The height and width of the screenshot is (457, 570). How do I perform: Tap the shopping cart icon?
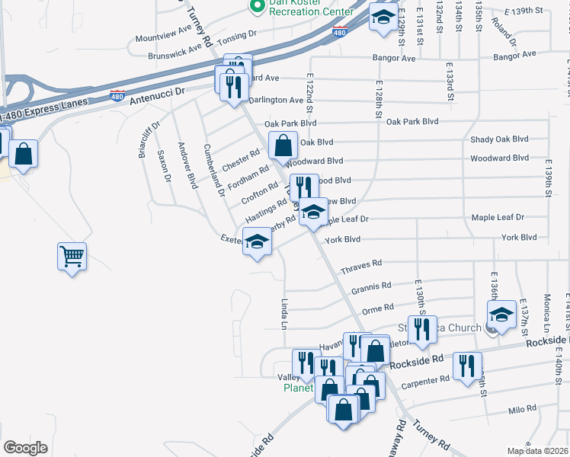pyautogui.click(x=72, y=257)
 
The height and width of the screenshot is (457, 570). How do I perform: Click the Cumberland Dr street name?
pyautogui.click(x=212, y=169)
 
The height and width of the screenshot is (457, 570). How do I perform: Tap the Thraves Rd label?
pyautogui.click(x=361, y=267)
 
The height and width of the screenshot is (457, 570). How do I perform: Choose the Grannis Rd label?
pyautogui.click(x=371, y=287)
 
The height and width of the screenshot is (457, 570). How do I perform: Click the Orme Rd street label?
pyautogui.click(x=377, y=308)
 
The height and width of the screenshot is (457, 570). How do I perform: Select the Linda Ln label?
pyautogui.click(x=286, y=312)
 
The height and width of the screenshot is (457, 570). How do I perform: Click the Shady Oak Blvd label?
pyautogui.click(x=499, y=139)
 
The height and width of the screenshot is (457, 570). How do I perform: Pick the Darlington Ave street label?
pyautogui.click(x=276, y=100)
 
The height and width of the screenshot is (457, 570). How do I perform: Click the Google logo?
pyautogui.click(x=26, y=448)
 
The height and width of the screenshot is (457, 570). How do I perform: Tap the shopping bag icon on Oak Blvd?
pyautogui.click(x=283, y=145)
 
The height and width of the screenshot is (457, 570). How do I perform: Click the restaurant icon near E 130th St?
pyautogui.click(x=421, y=328)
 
